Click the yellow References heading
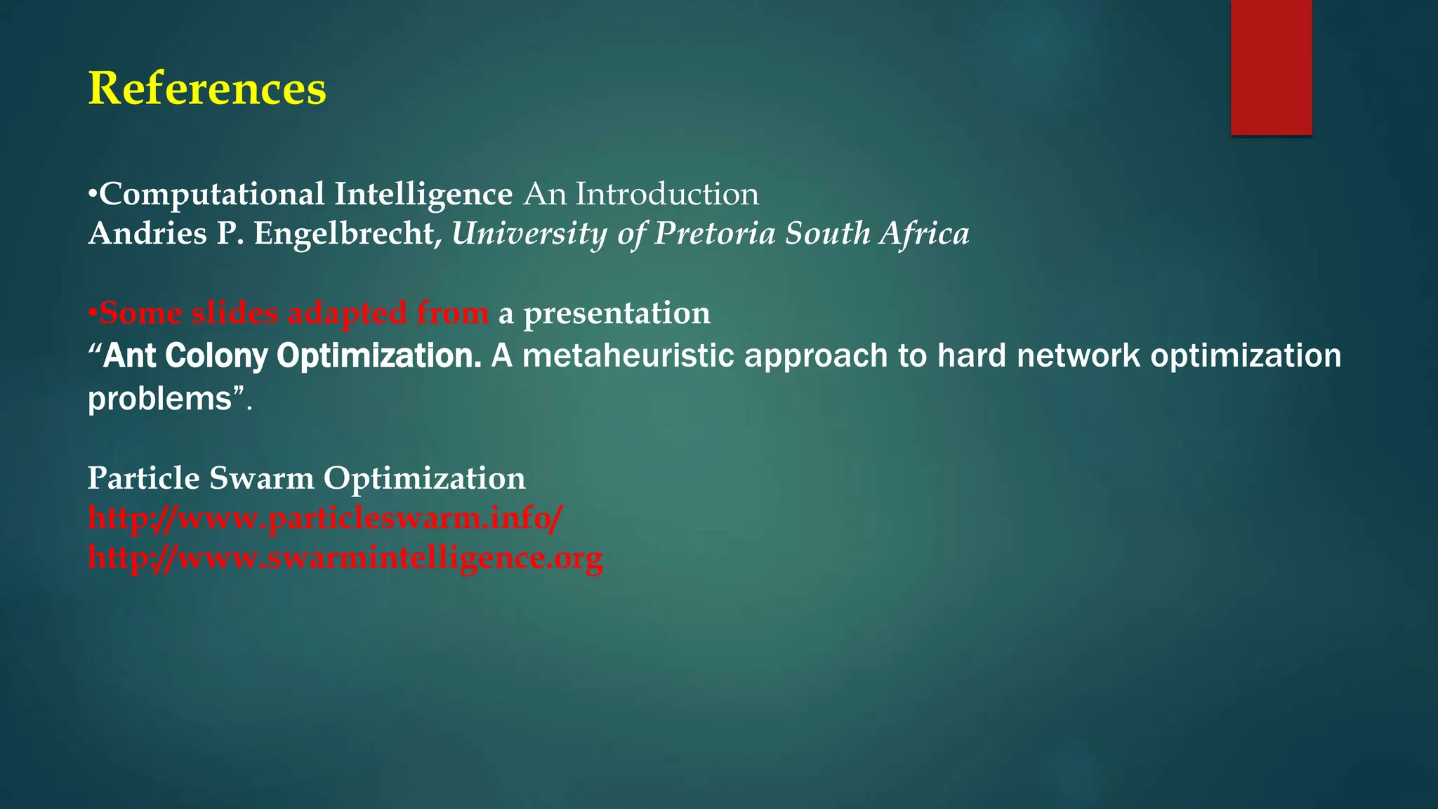coord(207,89)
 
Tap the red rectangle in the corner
coord(1271,67)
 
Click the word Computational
coord(212,195)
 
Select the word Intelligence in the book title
coord(423,195)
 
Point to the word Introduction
coord(667,194)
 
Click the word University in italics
coord(529,234)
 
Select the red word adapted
coord(347,313)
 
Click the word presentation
coord(616,313)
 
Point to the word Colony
coord(217,356)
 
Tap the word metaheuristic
coord(628,355)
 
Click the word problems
coord(159,399)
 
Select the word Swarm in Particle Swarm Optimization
coord(261,478)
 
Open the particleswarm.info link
coord(325,518)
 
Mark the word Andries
coord(147,234)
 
